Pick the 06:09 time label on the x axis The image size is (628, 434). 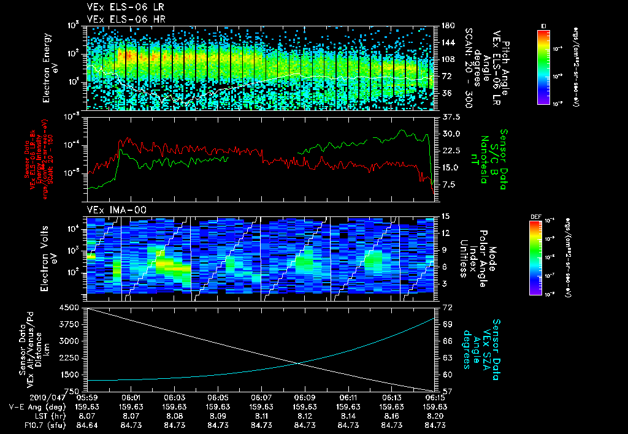305,398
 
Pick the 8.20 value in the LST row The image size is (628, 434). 434,415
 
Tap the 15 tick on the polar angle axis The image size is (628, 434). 445,216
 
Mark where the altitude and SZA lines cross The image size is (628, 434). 299,364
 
